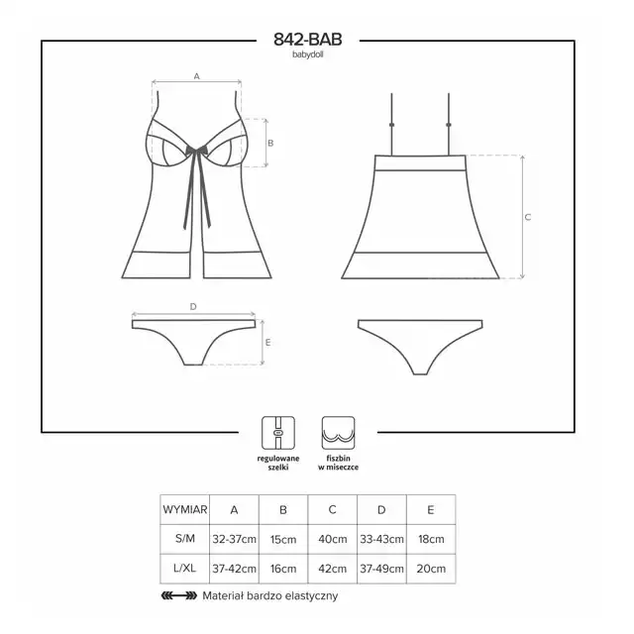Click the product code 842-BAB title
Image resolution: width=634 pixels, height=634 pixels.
(x=308, y=40)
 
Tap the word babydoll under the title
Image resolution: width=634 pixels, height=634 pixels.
(x=308, y=54)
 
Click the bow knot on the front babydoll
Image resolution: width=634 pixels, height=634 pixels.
(x=197, y=150)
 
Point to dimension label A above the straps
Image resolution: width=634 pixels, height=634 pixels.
(x=197, y=76)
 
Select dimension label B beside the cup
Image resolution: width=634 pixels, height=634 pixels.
(x=270, y=143)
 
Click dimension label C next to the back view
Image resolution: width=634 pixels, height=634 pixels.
(x=528, y=217)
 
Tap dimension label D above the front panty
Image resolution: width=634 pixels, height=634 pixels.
(x=193, y=306)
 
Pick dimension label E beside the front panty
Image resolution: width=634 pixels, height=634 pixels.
(x=267, y=343)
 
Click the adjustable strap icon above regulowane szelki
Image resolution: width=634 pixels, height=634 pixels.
(x=278, y=433)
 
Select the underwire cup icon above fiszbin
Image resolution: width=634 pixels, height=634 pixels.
(x=339, y=433)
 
